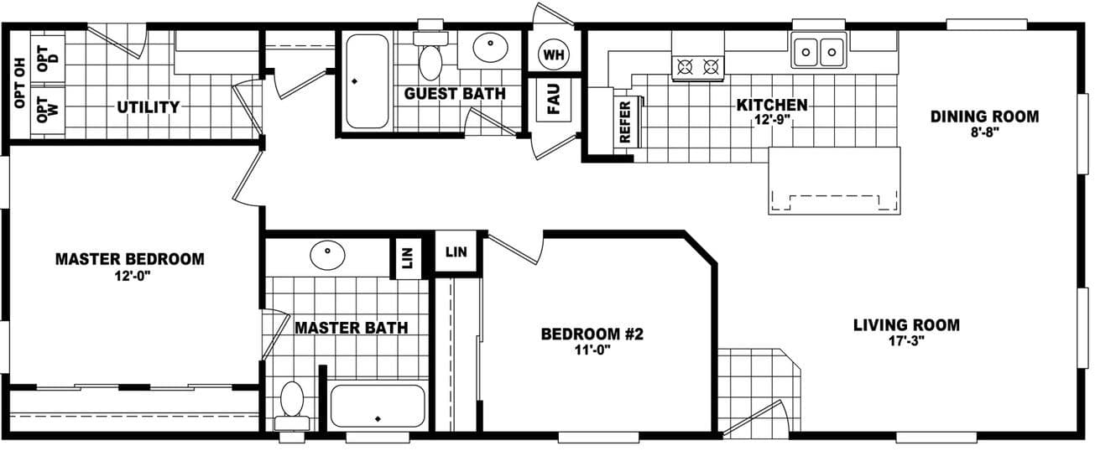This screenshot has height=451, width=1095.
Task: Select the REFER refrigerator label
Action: [x=624, y=122]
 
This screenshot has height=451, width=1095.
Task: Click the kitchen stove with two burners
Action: [x=698, y=66]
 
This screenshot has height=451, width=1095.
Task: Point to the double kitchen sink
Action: [x=819, y=52]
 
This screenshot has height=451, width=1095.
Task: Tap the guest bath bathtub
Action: [x=367, y=81]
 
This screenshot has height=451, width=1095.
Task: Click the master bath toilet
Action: [x=291, y=401]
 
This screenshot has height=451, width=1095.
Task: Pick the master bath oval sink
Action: [x=326, y=253]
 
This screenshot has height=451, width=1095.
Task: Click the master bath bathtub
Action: [x=378, y=407]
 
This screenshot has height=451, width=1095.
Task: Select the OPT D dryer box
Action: [x=48, y=56]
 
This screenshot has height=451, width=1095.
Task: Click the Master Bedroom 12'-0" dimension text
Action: [x=129, y=276]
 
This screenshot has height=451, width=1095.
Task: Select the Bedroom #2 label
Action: [x=592, y=334]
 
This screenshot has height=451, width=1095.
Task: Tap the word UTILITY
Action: [x=149, y=107]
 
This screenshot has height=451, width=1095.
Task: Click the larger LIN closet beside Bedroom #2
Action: [x=456, y=251]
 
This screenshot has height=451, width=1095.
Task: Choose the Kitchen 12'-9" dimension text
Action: [x=772, y=120]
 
